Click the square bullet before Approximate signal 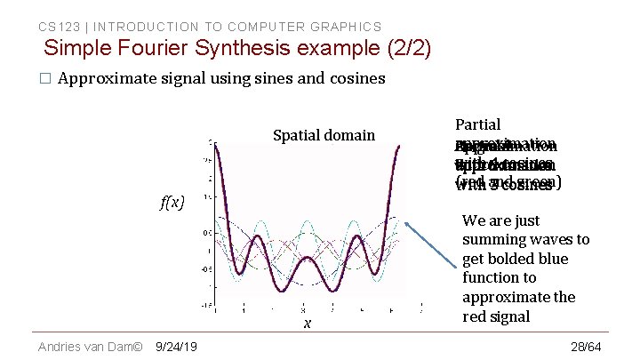click(x=44, y=79)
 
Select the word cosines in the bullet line click(x=357, y=78)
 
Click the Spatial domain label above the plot click(x=324, y=135)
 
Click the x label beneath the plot click(x=307, y=324)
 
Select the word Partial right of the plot click(x=477, y=124)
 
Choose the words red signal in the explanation click(x=507, y=316)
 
